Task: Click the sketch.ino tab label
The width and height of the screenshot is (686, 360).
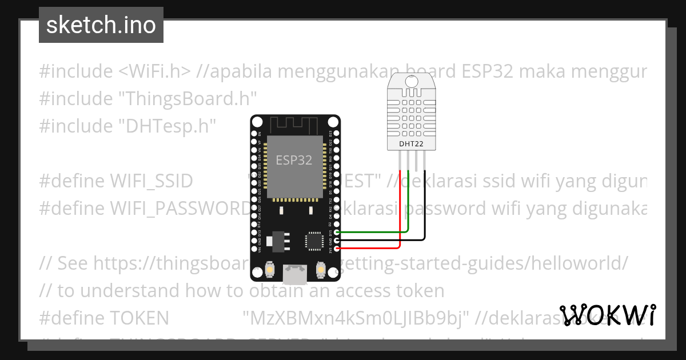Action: (101, 25)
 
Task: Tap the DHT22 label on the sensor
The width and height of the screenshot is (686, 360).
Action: (412, 144)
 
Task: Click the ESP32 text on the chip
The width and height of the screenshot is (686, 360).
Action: (294, 160)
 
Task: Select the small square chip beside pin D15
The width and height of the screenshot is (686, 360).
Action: (314, 240)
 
